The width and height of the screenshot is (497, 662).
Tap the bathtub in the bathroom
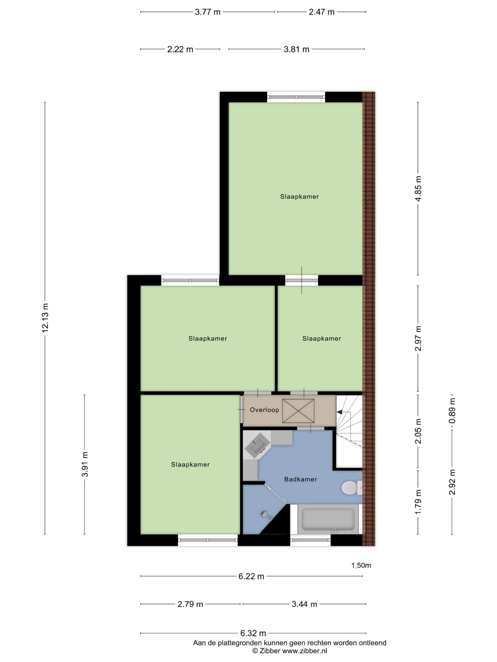tap(328, 519)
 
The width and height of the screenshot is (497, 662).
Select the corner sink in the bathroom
tap(257, 446)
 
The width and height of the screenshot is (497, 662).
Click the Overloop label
tap(264, 410)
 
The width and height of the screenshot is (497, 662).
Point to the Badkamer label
tap(300, 479)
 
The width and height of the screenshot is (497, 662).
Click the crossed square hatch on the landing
tap(298, 411)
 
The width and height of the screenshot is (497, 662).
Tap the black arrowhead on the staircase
tap(339, 412)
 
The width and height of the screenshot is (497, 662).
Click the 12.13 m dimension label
tap(45, 318)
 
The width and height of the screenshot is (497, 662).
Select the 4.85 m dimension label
tap(418, 189)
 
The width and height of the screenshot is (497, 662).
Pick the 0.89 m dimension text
tap(452, 411)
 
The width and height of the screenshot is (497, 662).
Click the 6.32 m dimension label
tap(253, 633)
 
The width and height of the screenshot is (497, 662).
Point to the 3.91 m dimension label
tap(85, 464)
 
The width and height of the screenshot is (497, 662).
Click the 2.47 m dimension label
tap(322, 12)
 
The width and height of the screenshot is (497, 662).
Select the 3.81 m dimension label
tap(296, 49)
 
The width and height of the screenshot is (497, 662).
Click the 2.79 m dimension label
tap(190, 604)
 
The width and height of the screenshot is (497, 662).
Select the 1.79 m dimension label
tap(418, 502)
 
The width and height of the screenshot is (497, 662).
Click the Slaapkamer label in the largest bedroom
tap(299, 197)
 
